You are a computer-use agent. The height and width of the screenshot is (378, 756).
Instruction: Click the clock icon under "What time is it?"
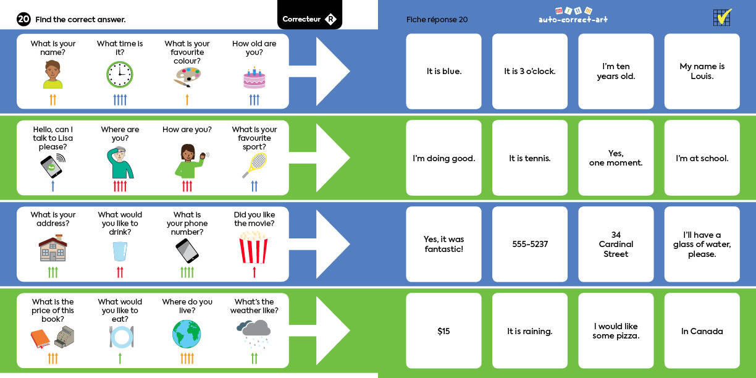120,75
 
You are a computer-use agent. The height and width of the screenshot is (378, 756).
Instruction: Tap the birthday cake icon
254,78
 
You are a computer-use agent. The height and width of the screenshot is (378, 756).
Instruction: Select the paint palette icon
187,78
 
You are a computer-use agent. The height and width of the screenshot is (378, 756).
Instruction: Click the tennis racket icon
254,165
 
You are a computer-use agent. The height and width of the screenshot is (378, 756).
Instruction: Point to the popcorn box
254,247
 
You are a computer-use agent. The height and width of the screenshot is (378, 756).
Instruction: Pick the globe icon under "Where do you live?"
187,334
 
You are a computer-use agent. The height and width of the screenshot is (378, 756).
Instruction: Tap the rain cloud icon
253,334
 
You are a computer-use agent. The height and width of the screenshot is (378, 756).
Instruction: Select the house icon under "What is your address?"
53,248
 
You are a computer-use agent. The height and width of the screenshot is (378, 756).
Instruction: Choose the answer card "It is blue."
443,72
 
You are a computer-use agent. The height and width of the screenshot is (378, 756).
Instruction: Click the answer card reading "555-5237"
529,244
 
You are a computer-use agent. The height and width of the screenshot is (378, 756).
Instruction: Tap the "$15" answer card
443,331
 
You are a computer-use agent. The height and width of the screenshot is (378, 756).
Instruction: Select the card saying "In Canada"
702,331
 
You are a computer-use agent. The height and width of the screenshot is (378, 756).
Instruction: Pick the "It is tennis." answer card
529,158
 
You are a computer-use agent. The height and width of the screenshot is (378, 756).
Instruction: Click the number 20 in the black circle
23,19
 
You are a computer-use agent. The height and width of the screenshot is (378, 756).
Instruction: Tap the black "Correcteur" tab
309,19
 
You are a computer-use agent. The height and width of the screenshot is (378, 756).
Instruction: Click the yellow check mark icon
722,17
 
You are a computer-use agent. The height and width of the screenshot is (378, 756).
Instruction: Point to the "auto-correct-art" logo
573,16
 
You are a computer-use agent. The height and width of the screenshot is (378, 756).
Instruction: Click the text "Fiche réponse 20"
437,20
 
